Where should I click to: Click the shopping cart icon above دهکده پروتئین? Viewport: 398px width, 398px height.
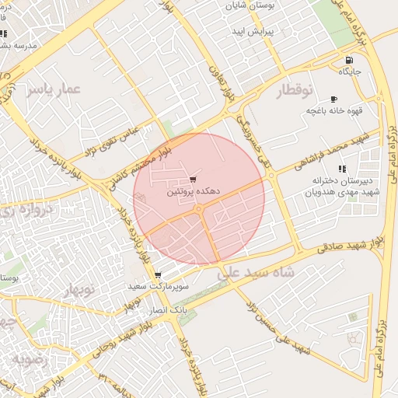193,180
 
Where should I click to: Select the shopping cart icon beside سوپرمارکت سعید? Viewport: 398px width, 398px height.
158,275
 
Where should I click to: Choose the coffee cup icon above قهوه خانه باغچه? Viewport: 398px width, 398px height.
334,99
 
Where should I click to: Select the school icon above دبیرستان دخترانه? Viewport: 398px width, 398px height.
342,169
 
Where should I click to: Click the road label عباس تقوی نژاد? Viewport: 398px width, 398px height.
112,139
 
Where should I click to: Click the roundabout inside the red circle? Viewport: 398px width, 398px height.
199,209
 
